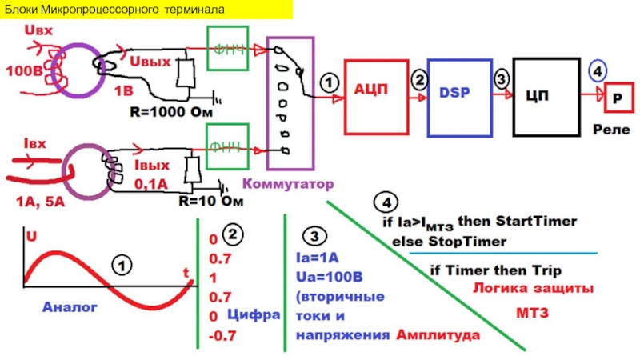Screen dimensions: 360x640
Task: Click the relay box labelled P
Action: tap(618, 97)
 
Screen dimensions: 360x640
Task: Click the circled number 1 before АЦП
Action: tap(330, 82)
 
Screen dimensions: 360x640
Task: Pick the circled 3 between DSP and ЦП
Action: tap(501, 78)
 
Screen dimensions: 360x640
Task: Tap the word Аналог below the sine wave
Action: tap(70, 306)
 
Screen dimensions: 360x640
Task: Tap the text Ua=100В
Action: tap(330, 277)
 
